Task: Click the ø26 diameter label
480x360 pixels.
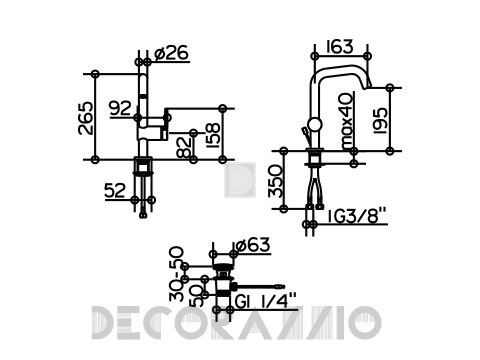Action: click(172, 53)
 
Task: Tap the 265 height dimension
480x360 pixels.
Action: click(86, 118)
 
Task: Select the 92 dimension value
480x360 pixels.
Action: click(121, 108)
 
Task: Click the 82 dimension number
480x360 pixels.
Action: click(184, 147)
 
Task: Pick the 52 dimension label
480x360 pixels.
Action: click(115, 191)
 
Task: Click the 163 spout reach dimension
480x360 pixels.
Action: click(340, 47)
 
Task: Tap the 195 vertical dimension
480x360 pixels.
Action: click(380, 120)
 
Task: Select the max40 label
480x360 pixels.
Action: click(347, 121)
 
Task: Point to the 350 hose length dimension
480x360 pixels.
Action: click(276, 181)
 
